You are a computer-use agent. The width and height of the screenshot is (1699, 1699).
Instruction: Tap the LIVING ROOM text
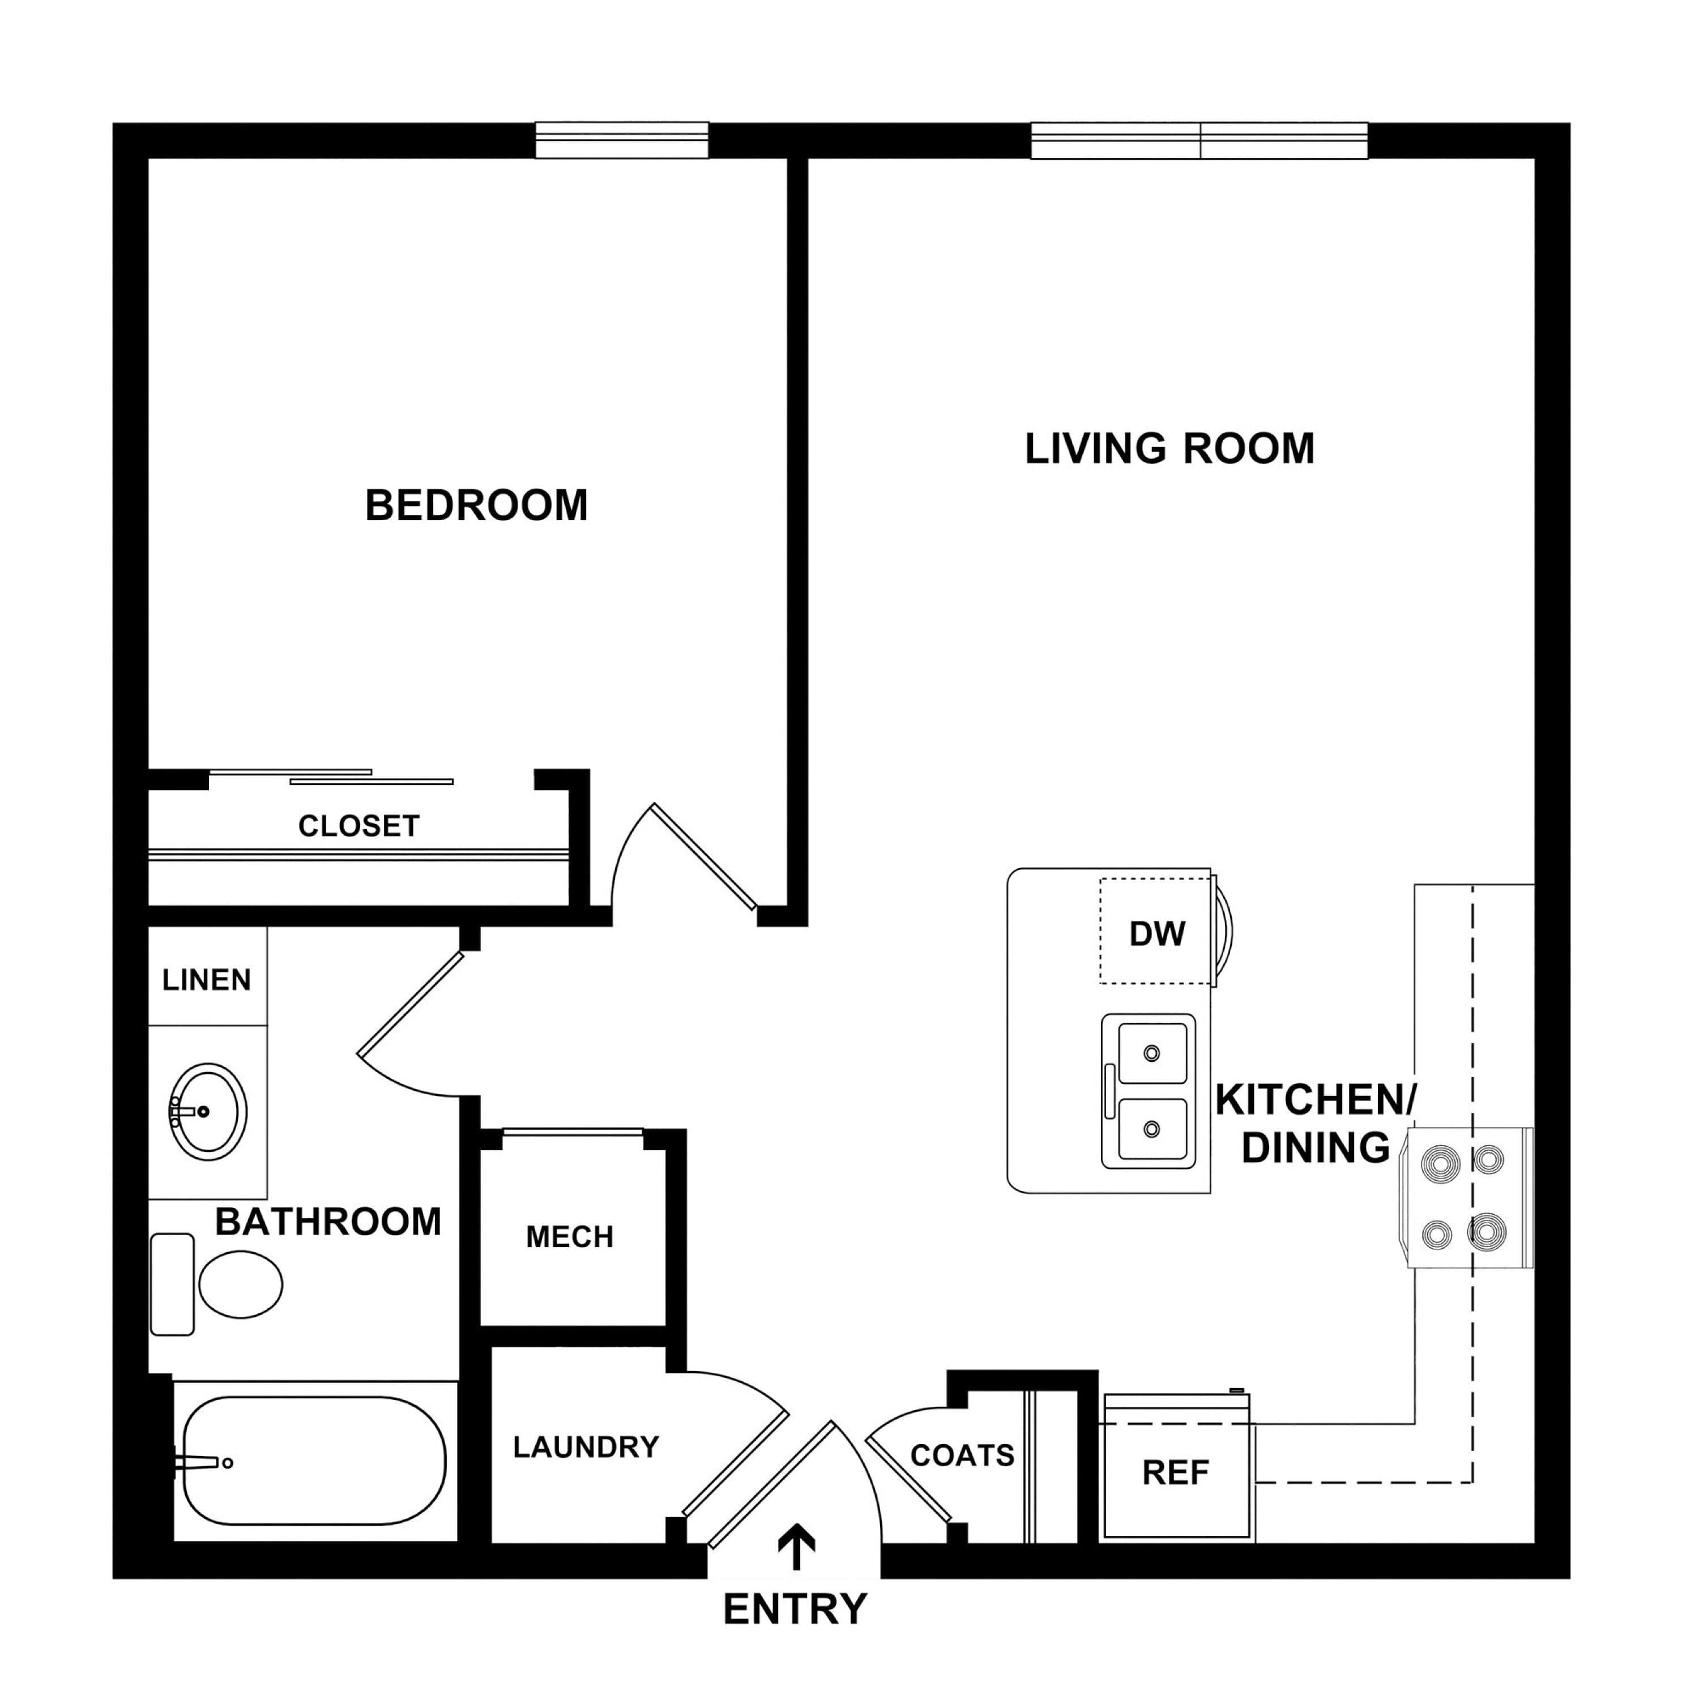[x=1169, y=449]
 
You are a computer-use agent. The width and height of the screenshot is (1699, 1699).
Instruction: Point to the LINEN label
[x=207, y=980]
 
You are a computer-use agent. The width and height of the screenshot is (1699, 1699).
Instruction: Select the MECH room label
[x=569, y=1237]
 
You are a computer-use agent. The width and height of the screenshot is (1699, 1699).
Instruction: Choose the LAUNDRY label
[x=586, y=1446]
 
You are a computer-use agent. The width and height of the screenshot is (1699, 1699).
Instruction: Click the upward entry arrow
[x=797, y=1547]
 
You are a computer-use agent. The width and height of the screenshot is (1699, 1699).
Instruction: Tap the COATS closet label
[x=962, y=1455]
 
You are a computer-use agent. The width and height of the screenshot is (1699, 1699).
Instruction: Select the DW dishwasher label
[x=1157, y=934]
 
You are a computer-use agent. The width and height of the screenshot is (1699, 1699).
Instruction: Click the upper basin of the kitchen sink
[x=1152, y=1053]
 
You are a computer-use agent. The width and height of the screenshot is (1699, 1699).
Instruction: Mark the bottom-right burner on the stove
[x=1486, y=1232]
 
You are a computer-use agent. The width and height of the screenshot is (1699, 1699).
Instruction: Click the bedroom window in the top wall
[x=622, y=140]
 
